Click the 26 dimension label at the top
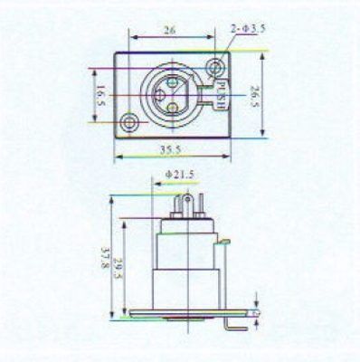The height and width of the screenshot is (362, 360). click(169, 31)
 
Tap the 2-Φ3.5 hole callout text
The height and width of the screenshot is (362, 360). click(248, 29)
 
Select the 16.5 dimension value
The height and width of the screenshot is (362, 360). click(100, 95)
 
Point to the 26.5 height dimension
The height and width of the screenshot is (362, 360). click(255, 96)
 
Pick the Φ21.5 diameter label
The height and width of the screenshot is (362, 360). click(180, 175)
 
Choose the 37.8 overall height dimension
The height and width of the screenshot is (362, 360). click(105, 259)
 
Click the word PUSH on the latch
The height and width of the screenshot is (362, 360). click(222, 95)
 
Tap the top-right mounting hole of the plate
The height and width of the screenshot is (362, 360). click(215, 67)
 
